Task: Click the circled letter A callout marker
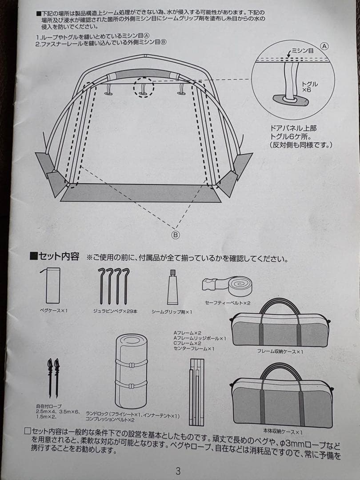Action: tap(324, 46)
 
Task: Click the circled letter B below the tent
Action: tap(176, 235)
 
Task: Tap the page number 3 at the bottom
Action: tap(178, 471)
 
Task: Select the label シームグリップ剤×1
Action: tap(172, 312)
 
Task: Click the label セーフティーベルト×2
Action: tap(228, 303)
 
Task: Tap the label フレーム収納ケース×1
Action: tap(280, 351)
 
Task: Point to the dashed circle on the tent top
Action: tap(143, 87)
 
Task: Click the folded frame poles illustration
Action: tap(196, 391)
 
